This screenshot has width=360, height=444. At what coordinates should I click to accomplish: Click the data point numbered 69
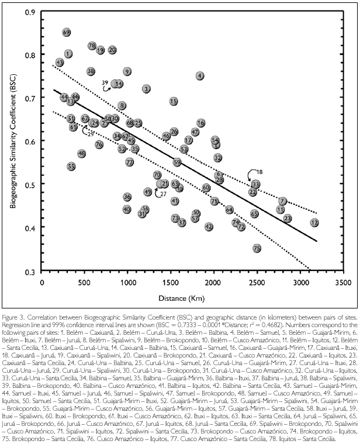67,33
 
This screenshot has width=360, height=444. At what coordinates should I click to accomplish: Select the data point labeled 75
257,248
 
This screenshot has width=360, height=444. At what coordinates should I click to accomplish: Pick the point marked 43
60,63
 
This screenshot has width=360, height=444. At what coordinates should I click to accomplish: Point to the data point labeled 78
92,46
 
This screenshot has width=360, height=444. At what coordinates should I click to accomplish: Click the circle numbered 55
71,166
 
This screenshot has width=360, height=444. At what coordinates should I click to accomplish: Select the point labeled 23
287,218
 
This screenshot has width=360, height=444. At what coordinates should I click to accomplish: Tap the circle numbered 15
174,101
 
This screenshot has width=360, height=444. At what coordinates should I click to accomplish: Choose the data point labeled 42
209,226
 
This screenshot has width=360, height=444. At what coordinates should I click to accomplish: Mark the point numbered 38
91,71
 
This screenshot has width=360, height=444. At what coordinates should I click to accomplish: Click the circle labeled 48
82,153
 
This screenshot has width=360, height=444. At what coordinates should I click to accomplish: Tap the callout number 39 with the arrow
105,82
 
